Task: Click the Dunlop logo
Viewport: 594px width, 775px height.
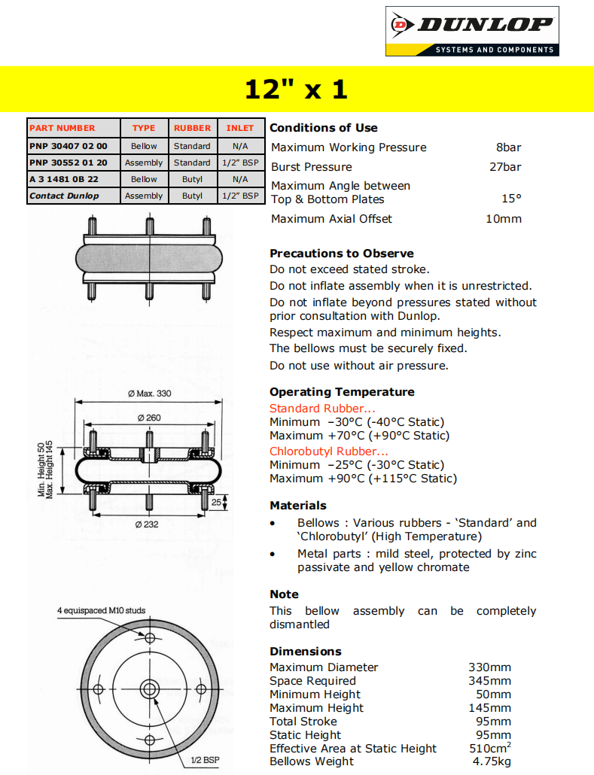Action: pos(472,31)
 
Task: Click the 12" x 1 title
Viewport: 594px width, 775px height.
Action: pos(297,90)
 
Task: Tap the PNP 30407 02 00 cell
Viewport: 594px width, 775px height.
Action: pos(69,146)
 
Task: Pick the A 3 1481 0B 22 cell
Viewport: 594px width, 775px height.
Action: pos(64,179)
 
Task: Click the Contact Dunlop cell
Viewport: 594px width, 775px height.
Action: pos(64,196)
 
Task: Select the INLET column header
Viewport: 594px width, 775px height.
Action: pos(240,128)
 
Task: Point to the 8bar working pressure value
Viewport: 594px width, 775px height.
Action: pos(508,147)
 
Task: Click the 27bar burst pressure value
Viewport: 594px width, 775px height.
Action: pos(505,167)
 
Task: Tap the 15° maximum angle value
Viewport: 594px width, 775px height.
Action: pos(511,199)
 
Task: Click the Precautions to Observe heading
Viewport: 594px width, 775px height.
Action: pos(341,254)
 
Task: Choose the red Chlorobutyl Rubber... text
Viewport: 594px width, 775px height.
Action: pos(329,451)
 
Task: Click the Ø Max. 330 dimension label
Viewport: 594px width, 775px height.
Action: pos(149,394)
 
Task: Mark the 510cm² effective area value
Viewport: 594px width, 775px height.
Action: pos(490,749)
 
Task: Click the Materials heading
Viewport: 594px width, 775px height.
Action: pos(298,506)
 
